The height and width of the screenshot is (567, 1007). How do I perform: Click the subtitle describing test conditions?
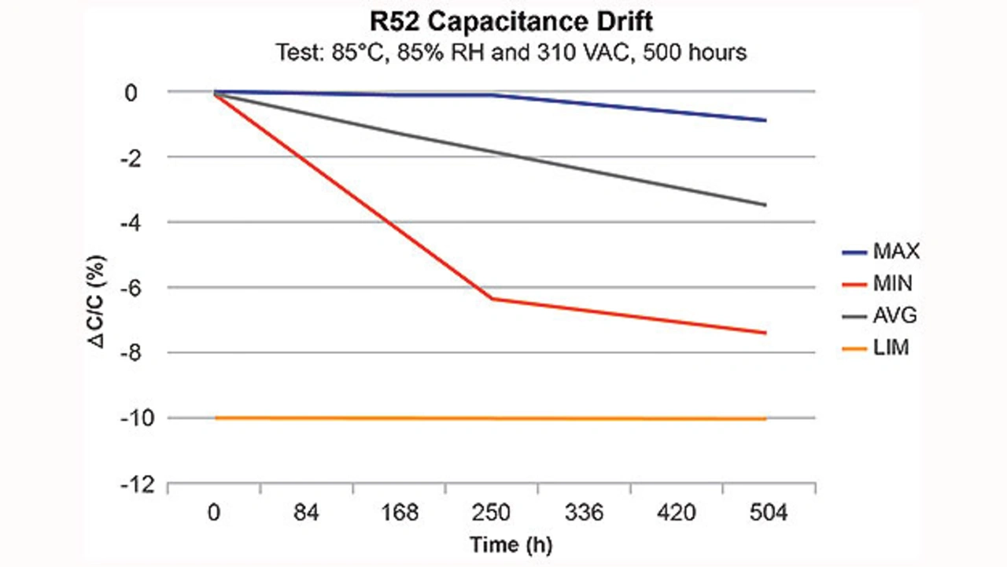[511, 53]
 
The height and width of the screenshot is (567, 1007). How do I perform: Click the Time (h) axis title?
[505, 544]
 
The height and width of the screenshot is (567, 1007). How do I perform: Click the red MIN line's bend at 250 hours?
[492, 299]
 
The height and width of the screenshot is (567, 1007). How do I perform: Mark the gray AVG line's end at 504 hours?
[765, 205]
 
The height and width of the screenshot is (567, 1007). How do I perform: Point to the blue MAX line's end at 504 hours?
[765, 120]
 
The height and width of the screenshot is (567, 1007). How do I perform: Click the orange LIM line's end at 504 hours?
[765, 419]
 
